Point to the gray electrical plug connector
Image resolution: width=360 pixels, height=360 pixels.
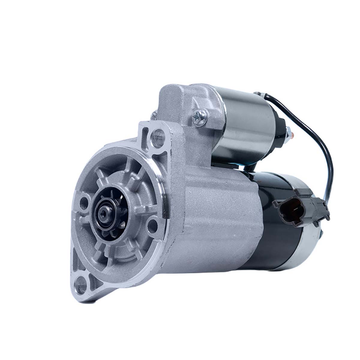click(300, 207)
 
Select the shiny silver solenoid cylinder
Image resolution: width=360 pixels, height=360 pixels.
click(249, 126)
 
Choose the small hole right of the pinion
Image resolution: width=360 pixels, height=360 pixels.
click(153, 223)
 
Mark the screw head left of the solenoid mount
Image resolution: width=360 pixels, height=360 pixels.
click(154, 114)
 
